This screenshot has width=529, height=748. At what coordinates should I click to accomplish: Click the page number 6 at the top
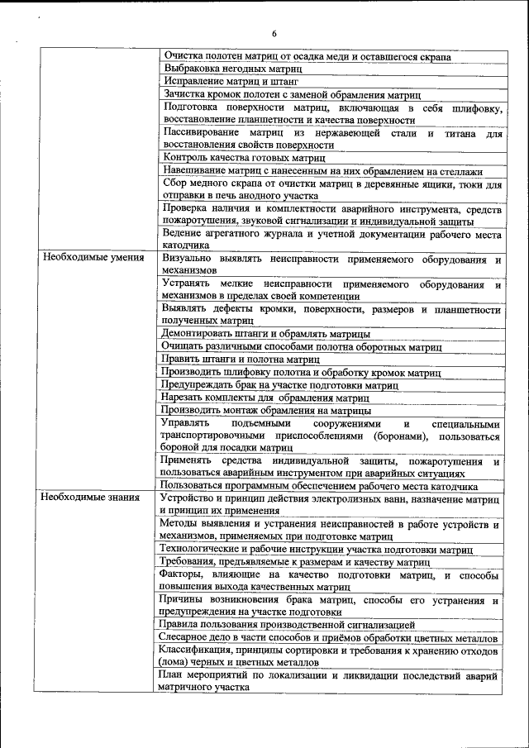[x=274, y=33]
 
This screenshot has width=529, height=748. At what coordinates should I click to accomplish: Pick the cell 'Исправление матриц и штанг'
[x=231, y=82]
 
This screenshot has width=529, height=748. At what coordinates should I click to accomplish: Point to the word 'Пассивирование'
[x=202, y=132]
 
